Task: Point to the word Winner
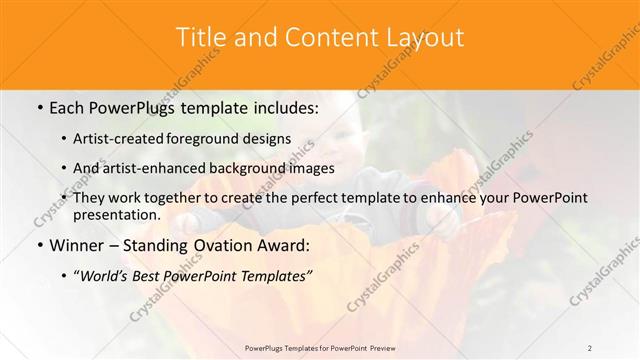point(77,245)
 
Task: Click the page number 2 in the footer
point(590,348)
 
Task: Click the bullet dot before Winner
point(40,245)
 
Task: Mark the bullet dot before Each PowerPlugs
point(40,106)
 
